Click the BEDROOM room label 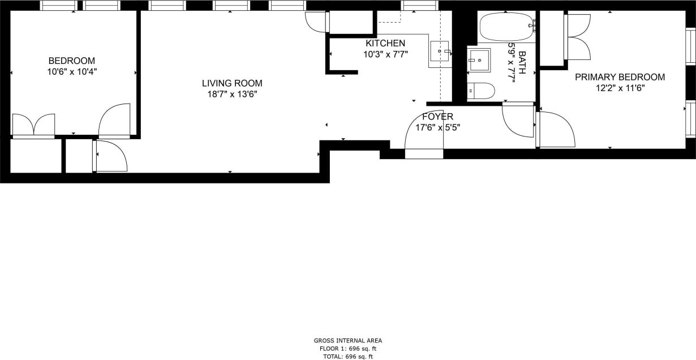tap(71, 61)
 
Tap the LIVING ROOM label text tap(232, 83)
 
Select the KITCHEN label tap(385, 43)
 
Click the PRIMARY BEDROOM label tap(620, 77)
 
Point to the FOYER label tap(437, 117)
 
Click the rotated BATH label tap(522, 63)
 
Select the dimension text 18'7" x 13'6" tap(232, 95)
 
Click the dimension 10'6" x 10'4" tap(71, 72)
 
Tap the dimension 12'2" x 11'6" tap(620, 88)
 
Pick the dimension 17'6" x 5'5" tap(437, 127)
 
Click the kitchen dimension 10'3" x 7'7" tap(385, 54)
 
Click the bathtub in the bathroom tap(506, 27)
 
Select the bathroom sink tap(479, 60)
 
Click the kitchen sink tap(440, 51)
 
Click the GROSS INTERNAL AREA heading tap(348, 341)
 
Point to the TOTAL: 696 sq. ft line tap(348, 357)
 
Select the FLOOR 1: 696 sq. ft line tap(348, 349)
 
